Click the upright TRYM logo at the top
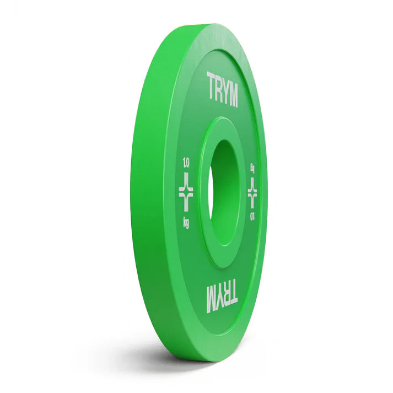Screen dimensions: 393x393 point(222,89)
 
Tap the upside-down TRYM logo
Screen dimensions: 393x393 point(222,298)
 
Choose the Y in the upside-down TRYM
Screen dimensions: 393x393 point(219,299)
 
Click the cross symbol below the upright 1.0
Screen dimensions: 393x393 point(186,191)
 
